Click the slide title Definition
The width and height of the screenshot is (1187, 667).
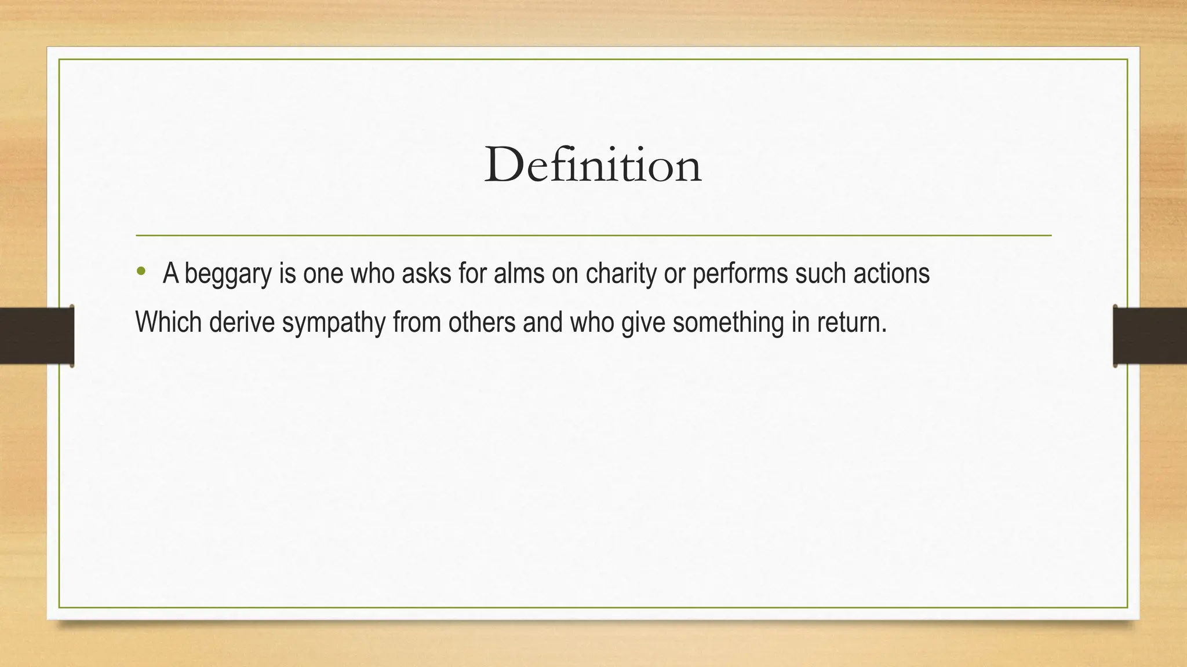coord(593,166)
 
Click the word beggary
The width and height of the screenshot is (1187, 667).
coord(228,274)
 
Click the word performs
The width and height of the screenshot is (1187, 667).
coord(740,274)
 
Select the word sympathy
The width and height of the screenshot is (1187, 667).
coord(333,323)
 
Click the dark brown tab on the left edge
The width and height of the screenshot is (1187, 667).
coord(37,336)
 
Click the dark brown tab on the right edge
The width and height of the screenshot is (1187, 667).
coord(1150,336)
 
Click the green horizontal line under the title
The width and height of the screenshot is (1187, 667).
coord(593,236)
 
